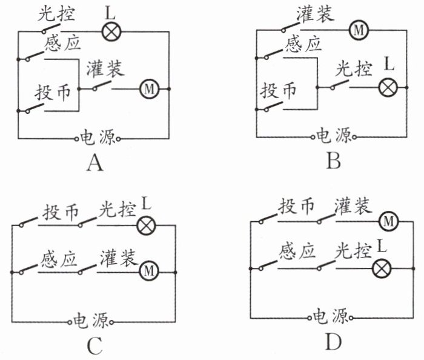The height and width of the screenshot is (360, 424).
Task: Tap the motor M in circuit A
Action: (148, 89)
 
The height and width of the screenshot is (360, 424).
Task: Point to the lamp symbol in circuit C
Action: (146, 225)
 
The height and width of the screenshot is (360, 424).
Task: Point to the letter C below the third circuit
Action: (94, 345)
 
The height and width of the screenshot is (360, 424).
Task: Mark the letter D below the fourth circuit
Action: (333, 343)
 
